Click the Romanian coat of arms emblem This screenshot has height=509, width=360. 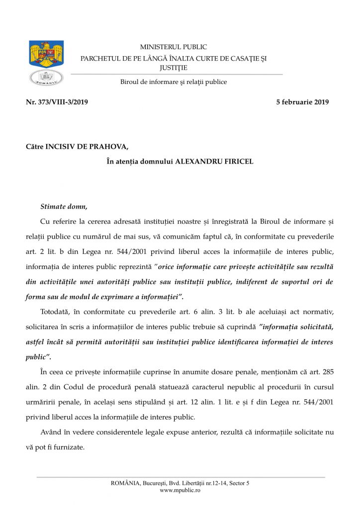[x=46, y=55]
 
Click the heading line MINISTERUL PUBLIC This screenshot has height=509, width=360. [x=174, y=47]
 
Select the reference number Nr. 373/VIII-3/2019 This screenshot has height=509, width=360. [x=57, y=102]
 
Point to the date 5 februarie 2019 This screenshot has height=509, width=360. [x=302, y=102]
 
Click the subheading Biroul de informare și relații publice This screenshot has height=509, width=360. [x=174, y=82]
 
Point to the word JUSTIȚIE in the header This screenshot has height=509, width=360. [x=174, y=67]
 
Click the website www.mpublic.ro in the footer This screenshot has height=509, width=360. [x=180, y=490]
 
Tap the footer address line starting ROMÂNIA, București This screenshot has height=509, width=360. [x=180, y=483]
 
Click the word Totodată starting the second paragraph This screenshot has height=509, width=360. [x=55, y=312]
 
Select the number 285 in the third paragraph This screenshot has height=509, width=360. [x=328, y=372]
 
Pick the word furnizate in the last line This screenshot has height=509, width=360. [x=70, y=447]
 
